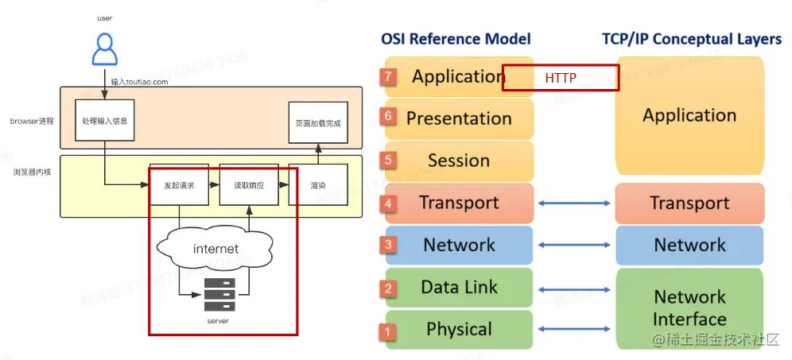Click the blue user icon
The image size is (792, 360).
(x=104, y=48)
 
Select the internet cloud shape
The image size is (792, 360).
(x=215, y=249)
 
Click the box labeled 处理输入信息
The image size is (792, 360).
(x=104, y=122)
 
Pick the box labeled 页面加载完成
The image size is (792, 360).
(x=317, y=124)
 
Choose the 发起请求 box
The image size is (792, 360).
(x=179, y=184)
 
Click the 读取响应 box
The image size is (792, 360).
(x=248, y=184)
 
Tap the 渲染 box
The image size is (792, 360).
(x=317, y=184)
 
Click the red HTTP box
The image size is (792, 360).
(x=561, y=78)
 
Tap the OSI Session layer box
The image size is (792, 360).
(x=459, y=161)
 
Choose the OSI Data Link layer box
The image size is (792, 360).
(x=459, y=288)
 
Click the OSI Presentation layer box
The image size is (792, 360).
(x=459, y=118)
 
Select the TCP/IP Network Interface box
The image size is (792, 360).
(x=689, y=308)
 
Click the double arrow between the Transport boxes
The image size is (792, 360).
(x=574, y=203)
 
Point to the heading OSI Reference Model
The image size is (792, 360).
(x=456, y=38)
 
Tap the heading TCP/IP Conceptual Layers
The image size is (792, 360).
(x=690, y=38)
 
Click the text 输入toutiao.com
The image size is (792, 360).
(x=140, y=81)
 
